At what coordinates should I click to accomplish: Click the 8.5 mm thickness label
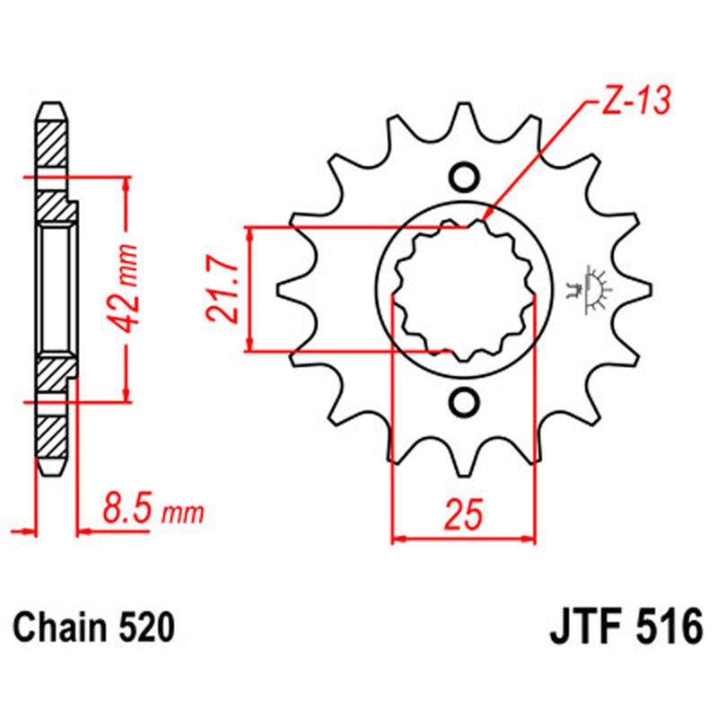[153, 512]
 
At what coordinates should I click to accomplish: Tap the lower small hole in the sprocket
[464, 401]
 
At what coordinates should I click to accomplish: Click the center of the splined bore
[464, 290]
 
